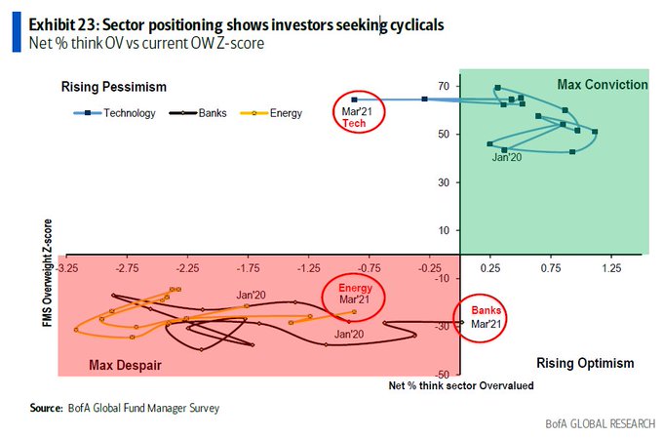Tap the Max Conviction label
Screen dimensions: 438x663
[602, 85]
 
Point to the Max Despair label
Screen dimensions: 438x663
[125, 365]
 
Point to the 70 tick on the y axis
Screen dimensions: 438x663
[442, 87]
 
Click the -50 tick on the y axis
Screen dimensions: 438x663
[440, 374]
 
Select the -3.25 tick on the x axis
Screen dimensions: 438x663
[67, 265]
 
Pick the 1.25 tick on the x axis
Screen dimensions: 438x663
[611, 265]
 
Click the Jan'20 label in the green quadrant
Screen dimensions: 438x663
[508, 156]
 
